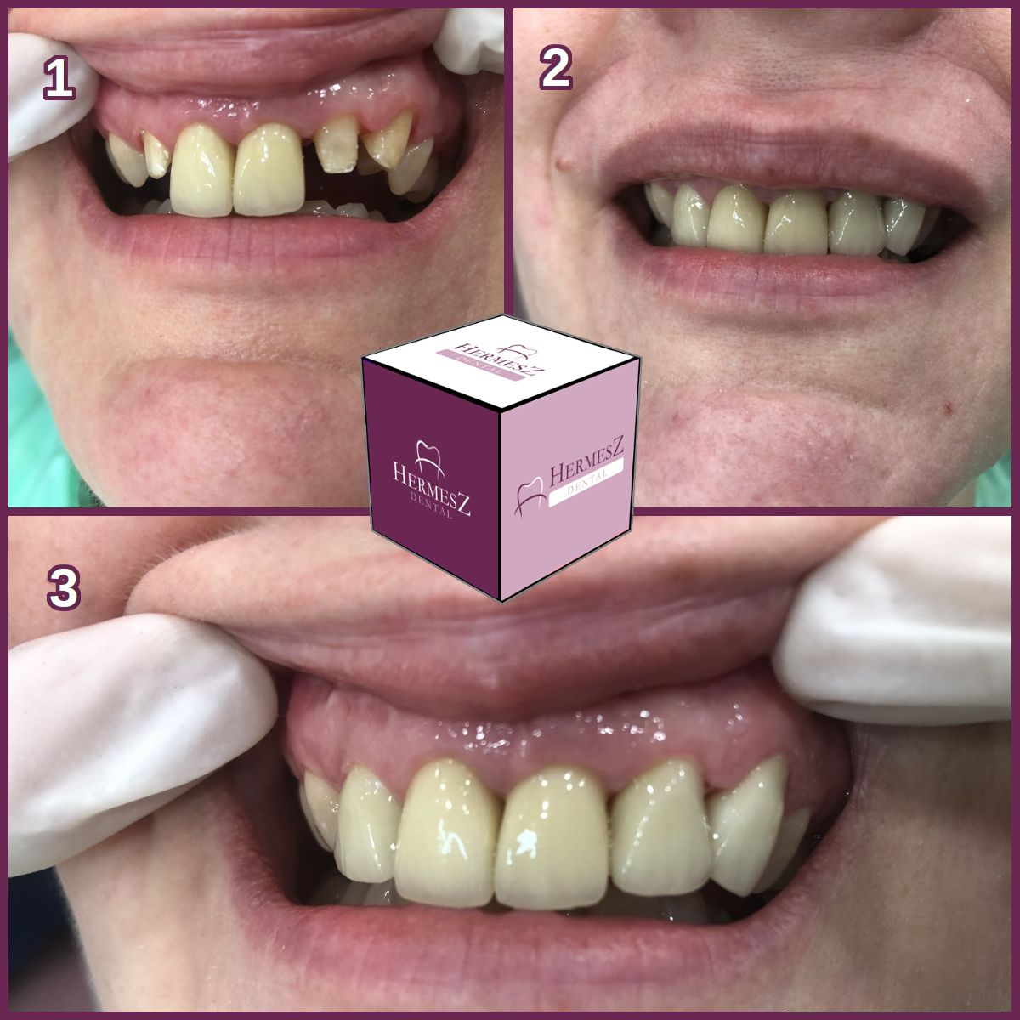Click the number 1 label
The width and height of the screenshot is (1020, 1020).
(x=59, y=78)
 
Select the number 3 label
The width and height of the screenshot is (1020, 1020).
(x=64, y=587)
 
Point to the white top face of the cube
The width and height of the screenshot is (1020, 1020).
(x=501, y=363)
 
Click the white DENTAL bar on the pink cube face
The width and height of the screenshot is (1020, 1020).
(x=586, y=482)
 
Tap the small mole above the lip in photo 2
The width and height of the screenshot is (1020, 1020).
(x=564, y=163)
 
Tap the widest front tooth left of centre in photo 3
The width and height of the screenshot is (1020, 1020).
(x=447, y=834)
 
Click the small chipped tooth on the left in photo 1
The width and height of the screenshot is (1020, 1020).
(x=156, y=154)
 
